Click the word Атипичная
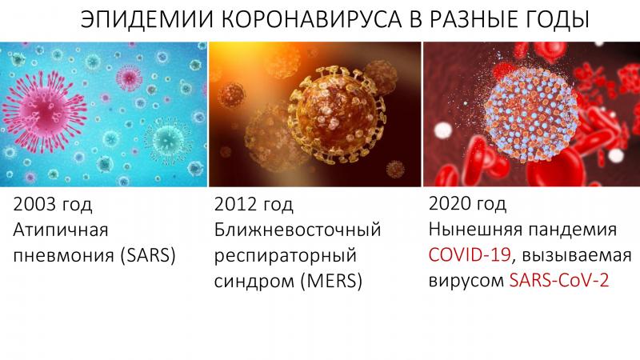61,230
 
